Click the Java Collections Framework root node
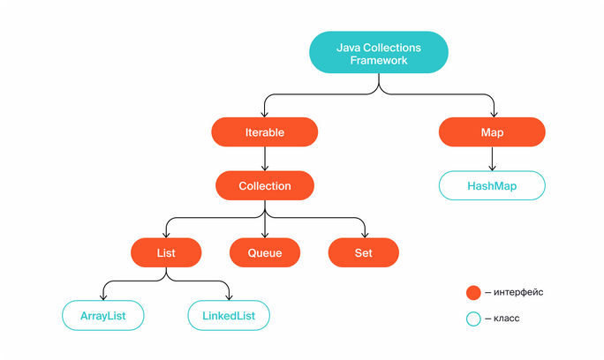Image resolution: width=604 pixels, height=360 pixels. click(x=379, y=52)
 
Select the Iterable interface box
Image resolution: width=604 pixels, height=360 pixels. click(x=265, y=132)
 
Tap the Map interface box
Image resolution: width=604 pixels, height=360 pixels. click(x=492, y=132)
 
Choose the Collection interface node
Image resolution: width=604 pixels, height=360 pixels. click(x=265, y=185)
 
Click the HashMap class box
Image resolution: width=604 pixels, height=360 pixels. click(x=492, y=185)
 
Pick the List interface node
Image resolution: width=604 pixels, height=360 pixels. click(x=166, y=252)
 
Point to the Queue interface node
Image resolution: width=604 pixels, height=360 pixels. click(x=265, y=252)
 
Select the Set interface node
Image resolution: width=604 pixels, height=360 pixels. click(x=363, y=252)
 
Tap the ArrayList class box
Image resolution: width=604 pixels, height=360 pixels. click(x=102, y=316)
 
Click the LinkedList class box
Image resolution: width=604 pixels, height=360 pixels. click(x=229, y=316)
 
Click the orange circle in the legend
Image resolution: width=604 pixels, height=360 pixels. click(x=473, y=293)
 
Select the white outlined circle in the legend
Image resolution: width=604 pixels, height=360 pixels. click(x=473, y=319)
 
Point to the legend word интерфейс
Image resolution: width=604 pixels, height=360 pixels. click(x=518, y=292)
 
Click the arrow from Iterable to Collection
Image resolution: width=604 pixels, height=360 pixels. click(x=265, y=159)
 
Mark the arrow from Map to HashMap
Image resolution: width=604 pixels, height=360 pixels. click(x=492, y=159)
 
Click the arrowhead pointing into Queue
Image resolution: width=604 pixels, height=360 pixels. click(x=265, y=235)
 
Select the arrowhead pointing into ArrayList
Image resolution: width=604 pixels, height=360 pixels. click(x=102, y=297)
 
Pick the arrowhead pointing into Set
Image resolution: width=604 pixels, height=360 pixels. click(x=365, y=235)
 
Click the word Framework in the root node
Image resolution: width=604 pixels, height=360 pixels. click(x=379, y=61)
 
